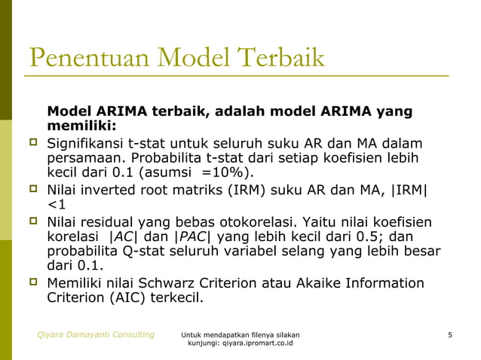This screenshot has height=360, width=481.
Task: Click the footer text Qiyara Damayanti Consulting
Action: click(97, 334)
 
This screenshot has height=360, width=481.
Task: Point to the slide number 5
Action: click(449, 334)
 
